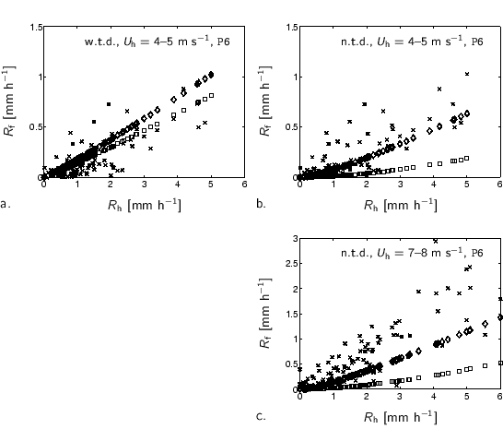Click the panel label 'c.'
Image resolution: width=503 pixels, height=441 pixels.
click(261, 416)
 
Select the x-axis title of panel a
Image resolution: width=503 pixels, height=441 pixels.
click(144, 204)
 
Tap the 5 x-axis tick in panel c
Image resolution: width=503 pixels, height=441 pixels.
click(466, 398)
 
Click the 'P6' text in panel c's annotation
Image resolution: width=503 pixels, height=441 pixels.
click(477, 252)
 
